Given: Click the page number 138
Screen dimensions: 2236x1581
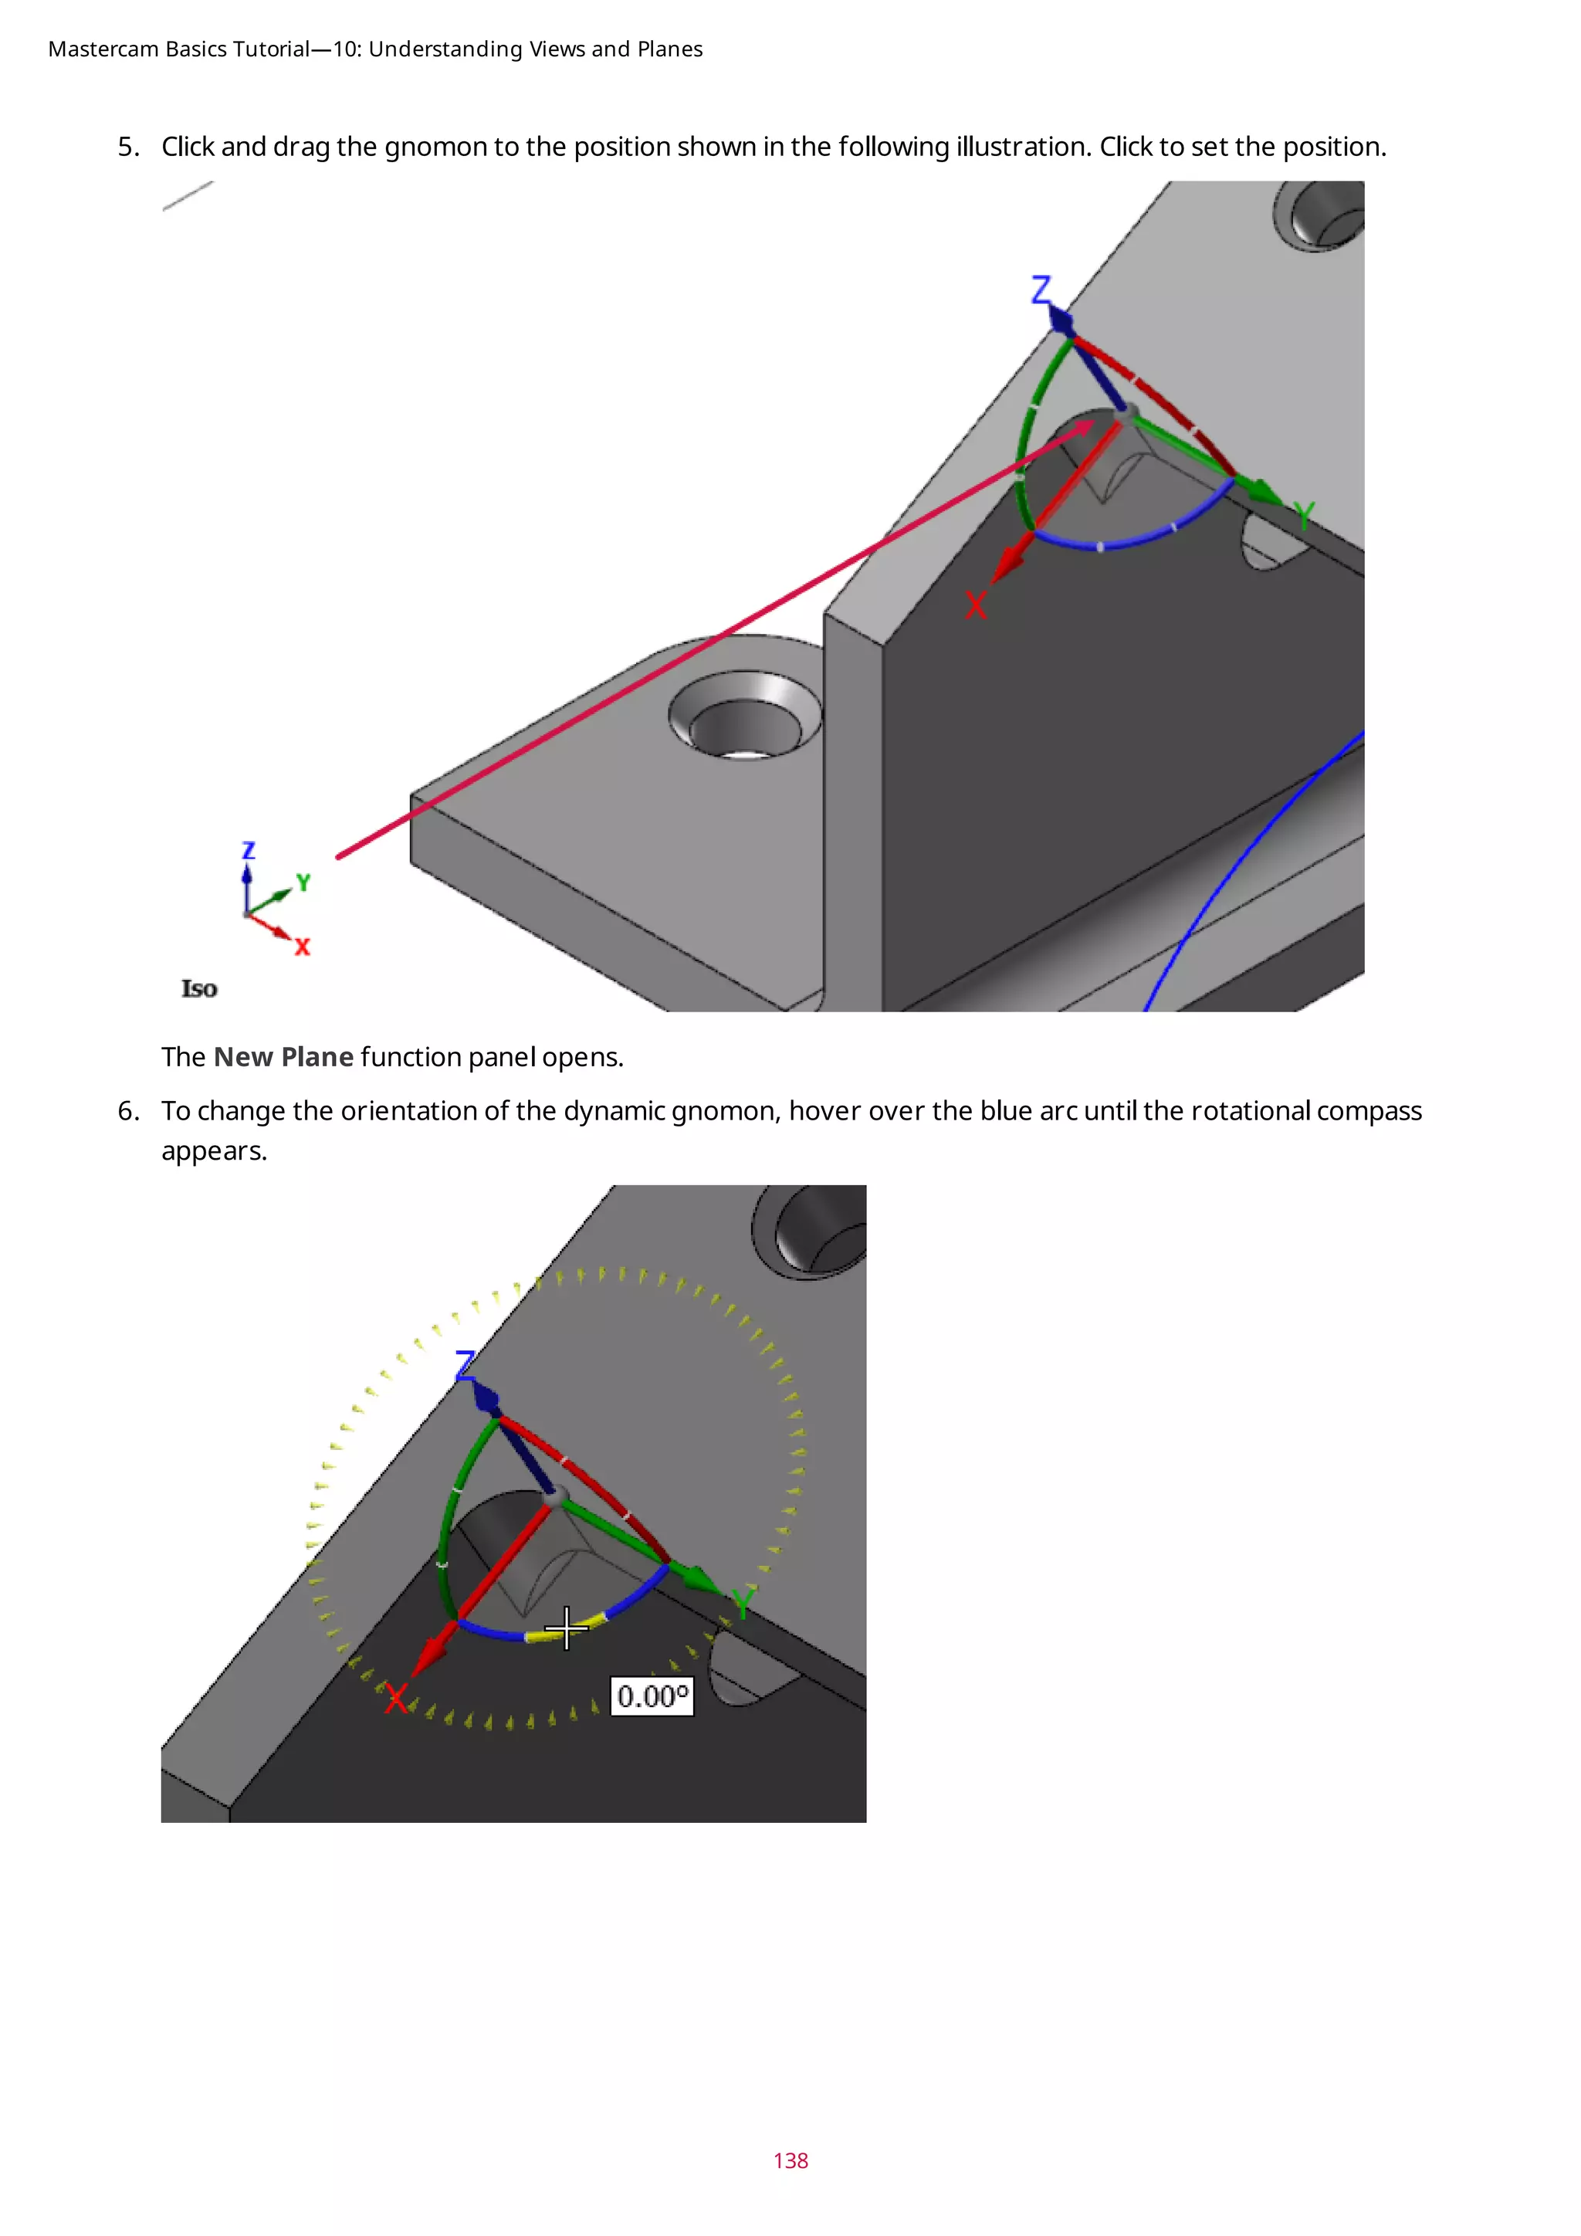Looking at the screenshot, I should (790, 2160).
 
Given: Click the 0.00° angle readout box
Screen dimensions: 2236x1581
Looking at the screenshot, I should (652, 1696).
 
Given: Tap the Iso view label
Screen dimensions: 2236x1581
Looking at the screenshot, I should (198, 988).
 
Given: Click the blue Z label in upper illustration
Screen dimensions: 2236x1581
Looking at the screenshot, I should (1041, 290).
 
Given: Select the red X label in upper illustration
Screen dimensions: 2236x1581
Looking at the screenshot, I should (976, 605).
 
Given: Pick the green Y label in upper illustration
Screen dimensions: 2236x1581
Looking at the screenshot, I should (1305, 514).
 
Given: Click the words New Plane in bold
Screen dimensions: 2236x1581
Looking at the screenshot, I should (283, 1057).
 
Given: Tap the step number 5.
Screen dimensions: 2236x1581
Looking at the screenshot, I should (128, 147).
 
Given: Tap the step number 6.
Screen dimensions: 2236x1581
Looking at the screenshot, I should (128, 1111).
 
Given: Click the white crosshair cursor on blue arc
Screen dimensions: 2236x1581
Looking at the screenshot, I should (567, 1628).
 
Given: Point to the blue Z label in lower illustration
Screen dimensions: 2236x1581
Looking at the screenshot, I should (465, 1364).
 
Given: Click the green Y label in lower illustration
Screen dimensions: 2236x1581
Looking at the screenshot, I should (743, 1602).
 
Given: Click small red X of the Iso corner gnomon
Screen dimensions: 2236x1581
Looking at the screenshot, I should (303, 947).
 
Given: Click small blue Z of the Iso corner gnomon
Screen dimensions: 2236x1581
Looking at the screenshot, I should (249, 850).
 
